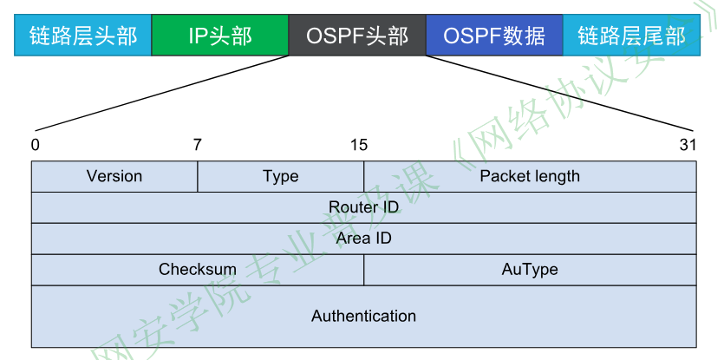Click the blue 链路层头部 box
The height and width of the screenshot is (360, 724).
coord(82,36)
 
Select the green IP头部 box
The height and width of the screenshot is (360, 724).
coord(219,36)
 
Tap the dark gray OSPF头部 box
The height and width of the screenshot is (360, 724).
coord(356,36)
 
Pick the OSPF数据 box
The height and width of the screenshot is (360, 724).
coord(494,36)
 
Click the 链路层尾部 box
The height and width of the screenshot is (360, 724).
coord(630,36)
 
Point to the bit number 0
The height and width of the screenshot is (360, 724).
coord(35,145)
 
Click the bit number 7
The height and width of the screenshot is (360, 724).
coord(198,145)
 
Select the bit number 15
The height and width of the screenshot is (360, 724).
coord(359,145)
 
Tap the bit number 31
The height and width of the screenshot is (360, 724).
coord(688,145)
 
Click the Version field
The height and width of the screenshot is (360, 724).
coord(114,176)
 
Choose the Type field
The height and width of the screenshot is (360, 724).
coord(280,176)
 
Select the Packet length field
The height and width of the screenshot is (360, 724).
coord(530,176)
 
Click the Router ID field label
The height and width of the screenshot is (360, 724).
coord(364,207)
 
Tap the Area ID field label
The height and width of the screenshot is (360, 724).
coord(364,238)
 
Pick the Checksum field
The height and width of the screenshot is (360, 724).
coord(198,269)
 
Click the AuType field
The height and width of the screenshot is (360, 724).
coord(530,269)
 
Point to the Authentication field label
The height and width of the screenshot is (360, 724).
coord(364,316)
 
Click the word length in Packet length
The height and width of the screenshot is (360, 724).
coord(555,176)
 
